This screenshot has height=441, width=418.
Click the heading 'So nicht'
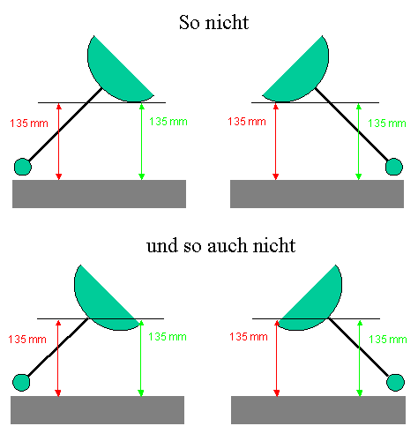(214, 22)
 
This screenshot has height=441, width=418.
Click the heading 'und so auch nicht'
(221, 245)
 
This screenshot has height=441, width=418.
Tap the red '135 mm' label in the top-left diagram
(29, 123)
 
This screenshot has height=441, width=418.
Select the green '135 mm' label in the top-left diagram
(168, 122)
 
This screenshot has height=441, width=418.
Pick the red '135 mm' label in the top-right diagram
(247, 122)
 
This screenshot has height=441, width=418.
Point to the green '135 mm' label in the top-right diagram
(387, 123)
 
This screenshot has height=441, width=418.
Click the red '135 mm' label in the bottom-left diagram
(27, 340)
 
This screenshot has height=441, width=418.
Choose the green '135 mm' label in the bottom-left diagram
(168, 337)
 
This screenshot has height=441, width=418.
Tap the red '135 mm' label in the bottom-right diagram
(249, 337)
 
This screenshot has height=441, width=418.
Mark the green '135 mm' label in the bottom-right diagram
(388, 340)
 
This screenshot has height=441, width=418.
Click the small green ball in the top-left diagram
(23, 167)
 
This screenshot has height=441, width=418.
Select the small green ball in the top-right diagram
(394, 167)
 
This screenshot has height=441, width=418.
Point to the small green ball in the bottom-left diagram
(21, 383)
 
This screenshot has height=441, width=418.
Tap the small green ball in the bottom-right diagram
(395, 383)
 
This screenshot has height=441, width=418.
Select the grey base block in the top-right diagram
(317, 194)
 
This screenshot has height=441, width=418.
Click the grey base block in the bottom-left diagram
(98, 410)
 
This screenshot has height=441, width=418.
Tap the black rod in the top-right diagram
(352, 124)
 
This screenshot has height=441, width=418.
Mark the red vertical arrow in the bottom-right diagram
(276, 358)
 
